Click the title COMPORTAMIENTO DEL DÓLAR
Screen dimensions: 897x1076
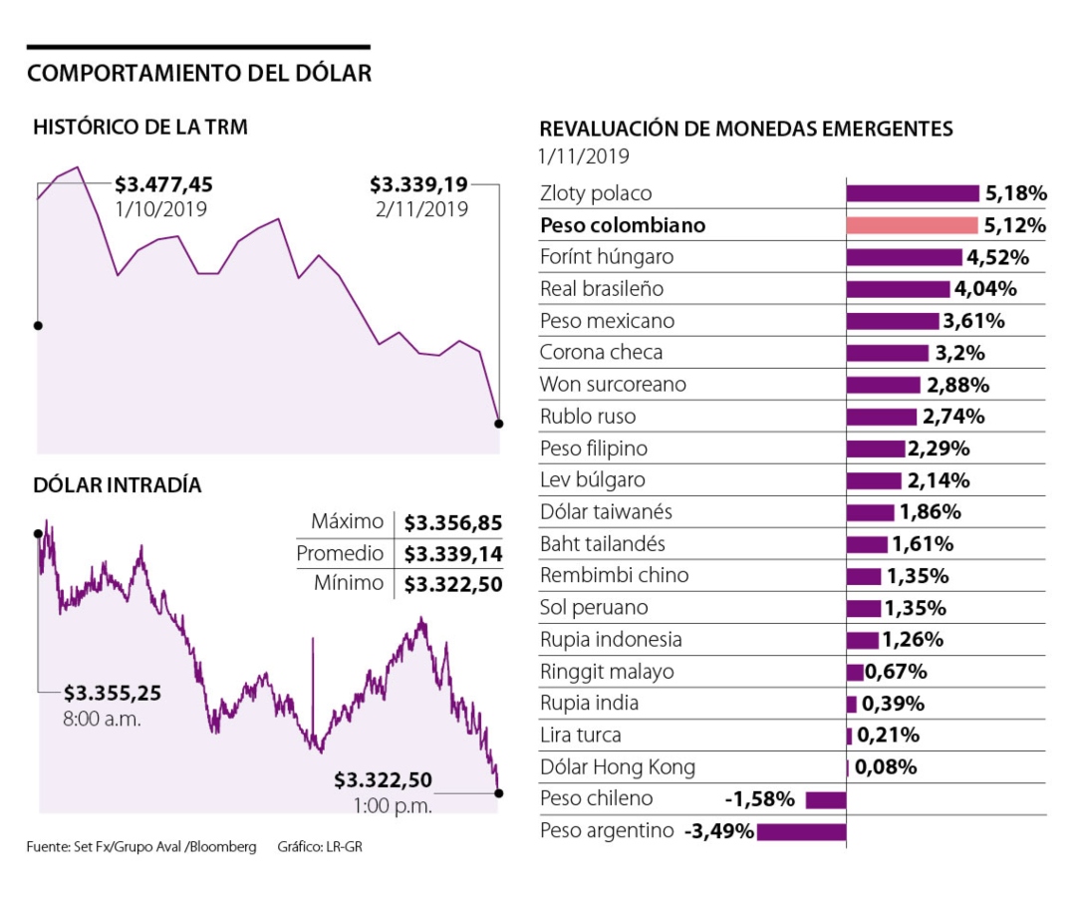tap(199, 73)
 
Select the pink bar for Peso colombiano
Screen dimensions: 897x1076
tap(912, 225)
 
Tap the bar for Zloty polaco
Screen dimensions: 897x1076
tap(913, 193)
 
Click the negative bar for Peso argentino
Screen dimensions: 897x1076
tap(801, 831)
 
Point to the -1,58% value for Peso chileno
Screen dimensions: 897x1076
tap(759, 799)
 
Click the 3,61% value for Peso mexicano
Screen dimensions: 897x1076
tap(973, 321)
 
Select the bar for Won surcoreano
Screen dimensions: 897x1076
tap(883, 385)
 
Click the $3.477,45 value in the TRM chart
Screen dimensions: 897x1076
tap(163, 184)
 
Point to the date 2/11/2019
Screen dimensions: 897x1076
tap(417, 209)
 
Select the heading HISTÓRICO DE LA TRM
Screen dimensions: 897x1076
tap(140, 128)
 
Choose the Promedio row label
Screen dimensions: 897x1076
tap(339, 553)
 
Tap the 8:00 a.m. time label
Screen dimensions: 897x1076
tap(103, 718)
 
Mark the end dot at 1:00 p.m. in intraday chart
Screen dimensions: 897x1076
tap(498, 793)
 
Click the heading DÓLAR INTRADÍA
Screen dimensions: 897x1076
tap(118, 485)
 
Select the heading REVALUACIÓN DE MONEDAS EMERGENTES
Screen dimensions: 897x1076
tap(745, 130)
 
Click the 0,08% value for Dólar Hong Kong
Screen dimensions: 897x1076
tap(886, 767)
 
